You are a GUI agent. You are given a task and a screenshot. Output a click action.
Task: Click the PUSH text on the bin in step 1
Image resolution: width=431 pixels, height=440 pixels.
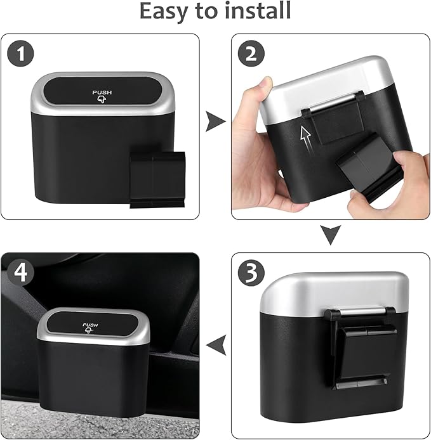(x=102, y=93)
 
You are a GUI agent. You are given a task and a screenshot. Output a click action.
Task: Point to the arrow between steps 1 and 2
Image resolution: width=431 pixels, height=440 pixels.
(x=215, y=122)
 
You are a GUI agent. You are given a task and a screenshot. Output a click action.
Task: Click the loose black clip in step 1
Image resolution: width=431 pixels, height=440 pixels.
(x=157, y=179)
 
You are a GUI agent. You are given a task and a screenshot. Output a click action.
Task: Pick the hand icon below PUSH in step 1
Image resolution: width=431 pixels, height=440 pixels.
(x=102, y=101)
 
